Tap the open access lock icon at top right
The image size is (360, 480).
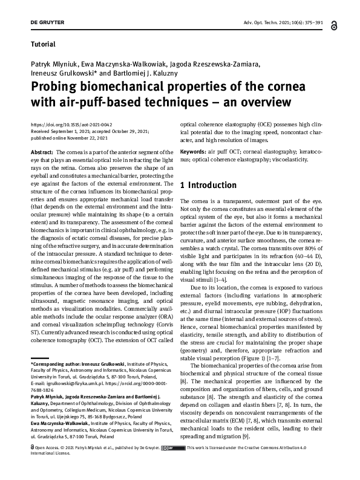point(334,26)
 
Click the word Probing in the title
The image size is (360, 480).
point(56,86)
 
